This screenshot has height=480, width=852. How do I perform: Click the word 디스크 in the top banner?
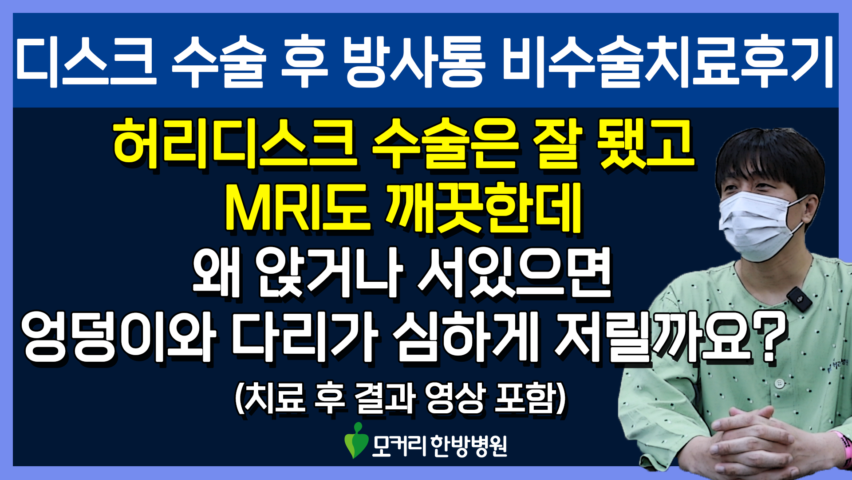(86, 62)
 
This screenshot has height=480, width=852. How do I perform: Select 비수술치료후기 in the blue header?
(668, 62)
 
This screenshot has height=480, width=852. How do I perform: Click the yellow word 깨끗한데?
(484, 208)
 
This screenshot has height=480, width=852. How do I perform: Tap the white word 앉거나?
(328, 272)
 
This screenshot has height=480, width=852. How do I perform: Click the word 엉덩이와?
(119, 336)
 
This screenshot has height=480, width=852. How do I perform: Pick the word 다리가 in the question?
(304, 336)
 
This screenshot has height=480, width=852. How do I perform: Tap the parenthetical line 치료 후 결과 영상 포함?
(400, 398)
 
